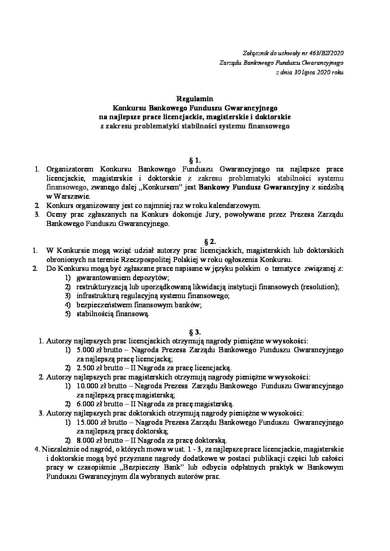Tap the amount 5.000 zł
tap(88, 350)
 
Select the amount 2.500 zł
tap(88, 367)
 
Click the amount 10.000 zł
tap(90, 386)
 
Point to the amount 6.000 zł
tap(88, 403)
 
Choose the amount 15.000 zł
tap(90, 422)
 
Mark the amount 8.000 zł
tap(88, 439)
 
